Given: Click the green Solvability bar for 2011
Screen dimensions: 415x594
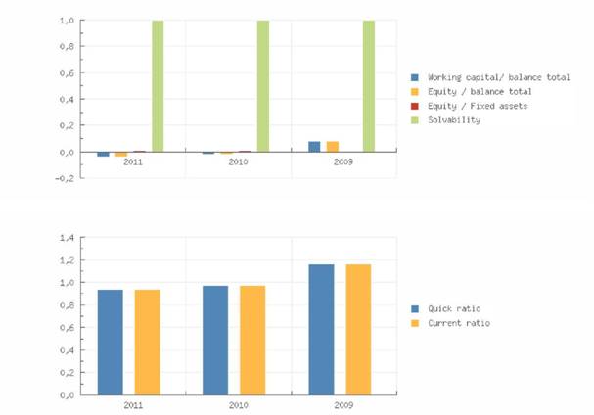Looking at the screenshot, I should (158, 86).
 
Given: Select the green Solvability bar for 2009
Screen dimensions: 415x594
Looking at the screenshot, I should (369, 86).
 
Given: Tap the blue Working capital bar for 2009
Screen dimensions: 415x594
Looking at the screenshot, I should (314, 147).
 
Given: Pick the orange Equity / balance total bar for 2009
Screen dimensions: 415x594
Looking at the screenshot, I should (333, 147).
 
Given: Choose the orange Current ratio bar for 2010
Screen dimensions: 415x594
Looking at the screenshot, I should (252, 340).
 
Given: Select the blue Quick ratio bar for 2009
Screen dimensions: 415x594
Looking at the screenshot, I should (321, 329).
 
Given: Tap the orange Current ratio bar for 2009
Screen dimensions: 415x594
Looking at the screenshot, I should (358, 329).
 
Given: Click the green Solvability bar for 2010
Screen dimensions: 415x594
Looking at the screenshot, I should (263, 86).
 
